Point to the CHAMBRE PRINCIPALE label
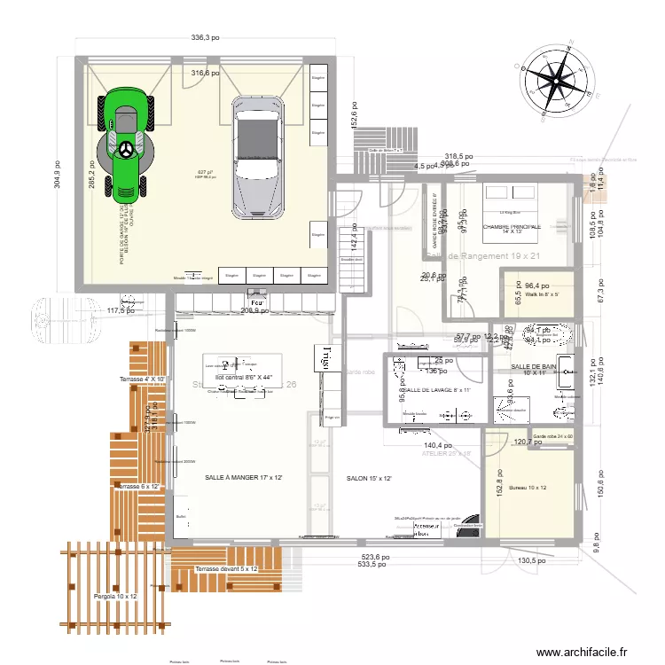(x=512, y=227)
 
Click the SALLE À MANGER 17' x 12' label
(x=243, y=478)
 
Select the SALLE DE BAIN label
(x=533, y=366)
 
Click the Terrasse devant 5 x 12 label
(x=226, y=569)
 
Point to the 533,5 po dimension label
(x=375, y=564)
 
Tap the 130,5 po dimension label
(x=534, y=560)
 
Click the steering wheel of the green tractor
(x=129, y=149)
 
